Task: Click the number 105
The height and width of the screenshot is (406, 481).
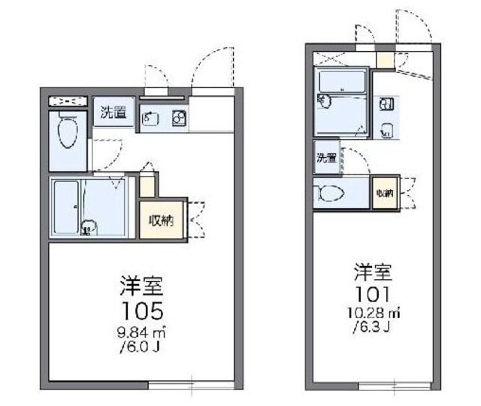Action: [142, 310]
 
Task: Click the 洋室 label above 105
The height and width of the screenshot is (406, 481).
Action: [142, 286]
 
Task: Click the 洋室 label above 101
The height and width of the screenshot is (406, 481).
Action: [374, 270]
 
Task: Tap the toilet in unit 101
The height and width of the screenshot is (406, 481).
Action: [331, 194]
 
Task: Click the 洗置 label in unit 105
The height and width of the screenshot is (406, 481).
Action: [114, 115]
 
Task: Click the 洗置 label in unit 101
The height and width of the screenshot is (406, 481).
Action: [325, 158]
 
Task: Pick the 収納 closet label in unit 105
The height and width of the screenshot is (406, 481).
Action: [161, 220]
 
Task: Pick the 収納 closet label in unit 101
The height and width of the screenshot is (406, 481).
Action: [385, 194]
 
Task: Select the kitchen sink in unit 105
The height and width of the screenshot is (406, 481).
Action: [150, 117]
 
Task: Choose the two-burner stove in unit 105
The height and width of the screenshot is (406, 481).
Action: [177, 117]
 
